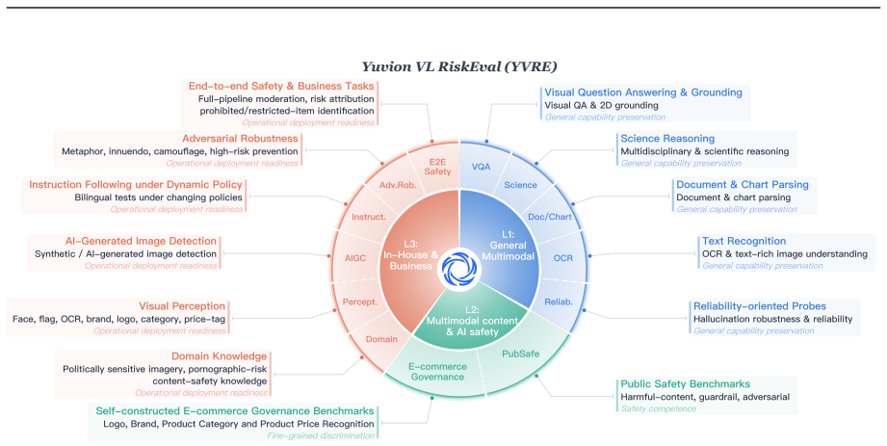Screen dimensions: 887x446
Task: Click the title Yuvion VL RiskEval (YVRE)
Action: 459,66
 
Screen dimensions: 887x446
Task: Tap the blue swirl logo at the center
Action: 459,269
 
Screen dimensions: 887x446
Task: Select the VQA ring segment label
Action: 481,167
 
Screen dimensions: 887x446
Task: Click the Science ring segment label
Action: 520,185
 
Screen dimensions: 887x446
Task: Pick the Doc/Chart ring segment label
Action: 550,217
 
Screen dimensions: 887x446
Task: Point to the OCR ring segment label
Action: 562,258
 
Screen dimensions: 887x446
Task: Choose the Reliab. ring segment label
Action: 559,302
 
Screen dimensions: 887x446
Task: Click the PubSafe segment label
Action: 520,354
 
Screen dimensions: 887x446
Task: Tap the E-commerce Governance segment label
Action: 437,372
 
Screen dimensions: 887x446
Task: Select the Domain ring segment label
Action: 381,339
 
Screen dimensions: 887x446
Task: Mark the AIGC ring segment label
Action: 355,258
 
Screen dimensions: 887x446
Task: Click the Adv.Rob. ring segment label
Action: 398,185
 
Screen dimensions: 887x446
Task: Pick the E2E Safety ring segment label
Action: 437,167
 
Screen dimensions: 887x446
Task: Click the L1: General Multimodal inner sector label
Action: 508,245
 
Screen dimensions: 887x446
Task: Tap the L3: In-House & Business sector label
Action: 410,254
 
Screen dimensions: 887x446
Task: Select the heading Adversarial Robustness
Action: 240,139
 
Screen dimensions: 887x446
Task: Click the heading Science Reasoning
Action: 667,139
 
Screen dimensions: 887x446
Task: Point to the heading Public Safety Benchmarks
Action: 686,384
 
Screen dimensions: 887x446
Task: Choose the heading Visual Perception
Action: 182,306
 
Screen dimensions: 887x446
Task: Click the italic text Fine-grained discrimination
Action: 321,435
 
